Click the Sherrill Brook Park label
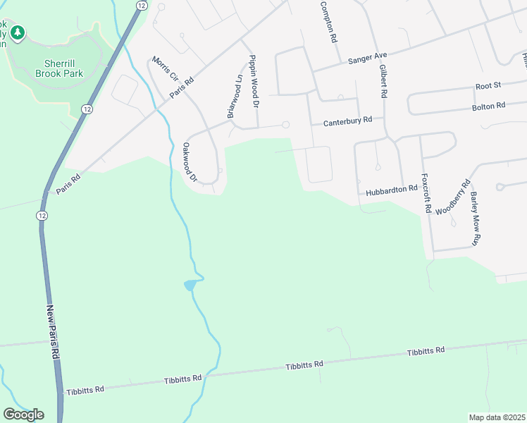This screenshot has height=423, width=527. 59,68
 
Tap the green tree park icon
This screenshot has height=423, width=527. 18,32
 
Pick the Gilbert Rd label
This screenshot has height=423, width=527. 383,81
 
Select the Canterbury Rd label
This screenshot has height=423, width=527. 347,122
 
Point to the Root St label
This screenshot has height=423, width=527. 488,85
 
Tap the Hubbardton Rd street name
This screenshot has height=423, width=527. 392,191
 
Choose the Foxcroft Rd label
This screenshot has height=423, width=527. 425,193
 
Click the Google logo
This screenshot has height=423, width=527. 23,415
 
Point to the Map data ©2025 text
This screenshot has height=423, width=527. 497,417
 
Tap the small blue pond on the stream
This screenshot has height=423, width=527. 190,285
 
